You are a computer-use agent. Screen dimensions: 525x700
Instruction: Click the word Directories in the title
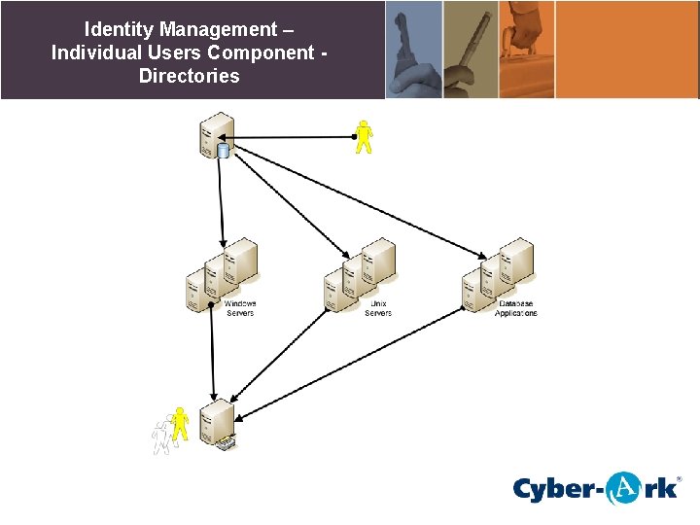tap(189, 76)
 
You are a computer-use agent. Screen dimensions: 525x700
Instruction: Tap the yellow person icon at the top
tap(364, 137)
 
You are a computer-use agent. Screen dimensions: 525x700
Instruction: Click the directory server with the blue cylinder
tap(216, 135)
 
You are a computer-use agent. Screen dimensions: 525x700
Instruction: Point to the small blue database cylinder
tap(224, 151)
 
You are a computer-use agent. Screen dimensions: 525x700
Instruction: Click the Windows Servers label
tap(239, 308)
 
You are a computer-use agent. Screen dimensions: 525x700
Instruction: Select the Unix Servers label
tap(378, 308)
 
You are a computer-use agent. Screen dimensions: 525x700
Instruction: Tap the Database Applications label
tap(515, 308)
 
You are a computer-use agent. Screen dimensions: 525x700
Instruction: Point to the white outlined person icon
tap(160, 438)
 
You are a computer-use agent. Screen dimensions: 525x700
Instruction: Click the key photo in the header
tap(413, 49)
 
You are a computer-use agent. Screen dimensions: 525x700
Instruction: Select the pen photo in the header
tap(470, 49)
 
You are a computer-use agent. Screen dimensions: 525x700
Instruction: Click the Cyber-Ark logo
tap(596, 487)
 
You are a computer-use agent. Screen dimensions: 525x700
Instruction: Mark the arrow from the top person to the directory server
tap(292, 138)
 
